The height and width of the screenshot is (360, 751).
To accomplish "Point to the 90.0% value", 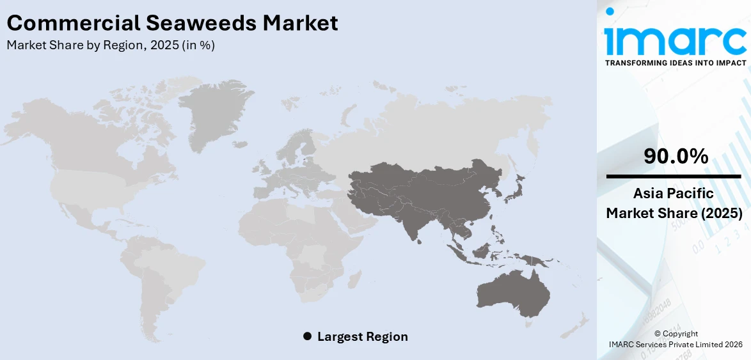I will pyautogui.click(x=676, y=155).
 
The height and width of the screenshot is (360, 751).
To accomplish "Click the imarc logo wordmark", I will pyautogui.click(x=675, y=40).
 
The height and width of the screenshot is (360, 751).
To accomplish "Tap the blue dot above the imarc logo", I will pyautogui.click(x=610, y=12).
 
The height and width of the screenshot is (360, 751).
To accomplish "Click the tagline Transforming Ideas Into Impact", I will pyautogui.click(x=675, y=63).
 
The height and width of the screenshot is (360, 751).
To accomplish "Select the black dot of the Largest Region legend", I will pyautogui.click(x=307, y=336).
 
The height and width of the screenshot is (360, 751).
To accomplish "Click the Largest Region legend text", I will pyautogui.click(x=362, y=336).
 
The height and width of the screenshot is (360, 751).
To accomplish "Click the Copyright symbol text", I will pyautogui.click(x=676, y=334).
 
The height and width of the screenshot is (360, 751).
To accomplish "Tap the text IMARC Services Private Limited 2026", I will pyautogui.click(x=676, y=344).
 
